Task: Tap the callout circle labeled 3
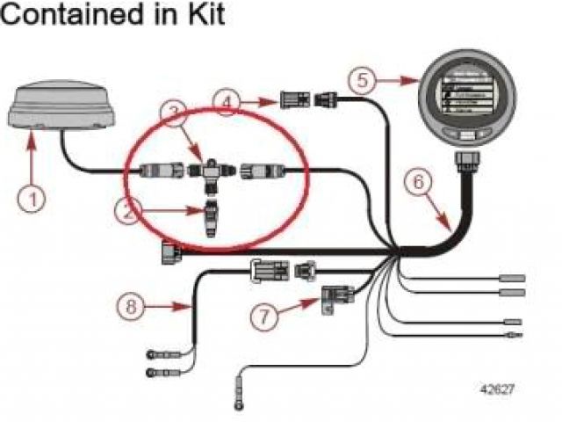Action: coord(176,113)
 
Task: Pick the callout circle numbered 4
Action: coord(227,103)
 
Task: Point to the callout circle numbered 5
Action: coord(361,79)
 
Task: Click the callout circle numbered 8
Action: coord(130,307)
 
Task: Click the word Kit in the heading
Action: coord(198,16)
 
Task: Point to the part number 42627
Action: coord(497,387)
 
